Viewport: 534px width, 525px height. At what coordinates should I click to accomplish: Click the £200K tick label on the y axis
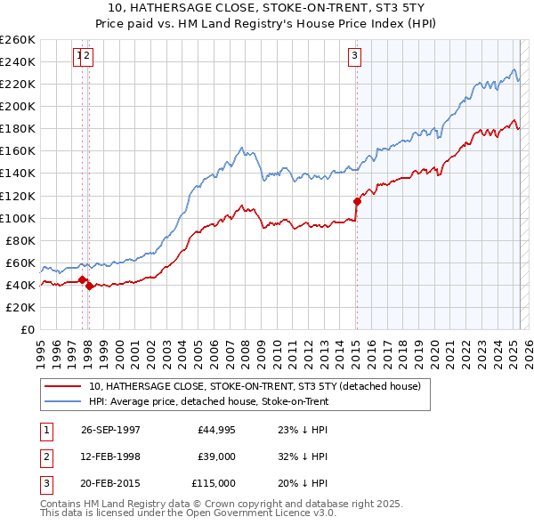[18, 106]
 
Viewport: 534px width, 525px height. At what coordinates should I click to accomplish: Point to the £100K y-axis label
[18, 218]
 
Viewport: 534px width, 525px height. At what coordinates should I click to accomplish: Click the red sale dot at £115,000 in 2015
[357, 201]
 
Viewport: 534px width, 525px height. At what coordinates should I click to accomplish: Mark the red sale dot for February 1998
[89, 286]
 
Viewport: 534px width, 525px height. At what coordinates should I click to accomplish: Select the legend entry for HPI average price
[209, 402]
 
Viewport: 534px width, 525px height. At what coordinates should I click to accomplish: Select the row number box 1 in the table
[46, 430]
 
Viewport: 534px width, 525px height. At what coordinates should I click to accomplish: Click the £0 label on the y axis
[27, 329]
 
